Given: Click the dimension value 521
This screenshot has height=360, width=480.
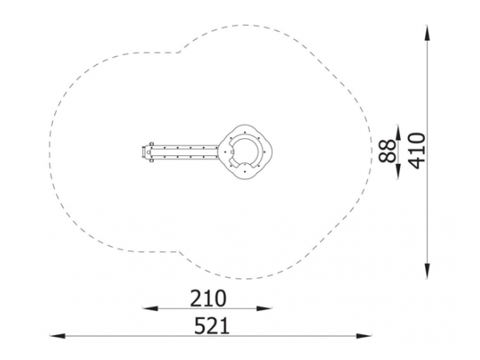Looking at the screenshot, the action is (212, 326).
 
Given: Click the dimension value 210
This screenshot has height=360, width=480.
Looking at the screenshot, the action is (208, 298).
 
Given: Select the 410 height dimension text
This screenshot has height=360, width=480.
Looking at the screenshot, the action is (418, 151).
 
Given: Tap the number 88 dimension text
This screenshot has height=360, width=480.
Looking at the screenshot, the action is (387, 151).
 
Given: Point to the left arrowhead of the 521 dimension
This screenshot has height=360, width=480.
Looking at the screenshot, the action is (58, 336).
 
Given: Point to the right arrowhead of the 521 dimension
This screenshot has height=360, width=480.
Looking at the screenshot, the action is (364, 336).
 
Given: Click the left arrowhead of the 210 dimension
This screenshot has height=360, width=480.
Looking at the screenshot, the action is (150, 308).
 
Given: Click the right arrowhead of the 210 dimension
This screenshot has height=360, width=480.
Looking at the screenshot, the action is (265, 308).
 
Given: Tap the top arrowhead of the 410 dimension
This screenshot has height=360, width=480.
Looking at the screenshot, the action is (427, 33).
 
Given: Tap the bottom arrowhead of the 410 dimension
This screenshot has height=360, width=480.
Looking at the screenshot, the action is (427, 271).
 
